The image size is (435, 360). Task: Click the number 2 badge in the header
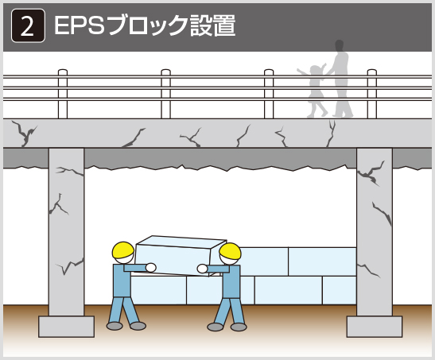coord(28,25)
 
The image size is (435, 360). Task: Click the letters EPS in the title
coord(80,25)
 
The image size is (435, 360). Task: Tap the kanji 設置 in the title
coord(213,25)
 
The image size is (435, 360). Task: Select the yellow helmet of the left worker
coord(123,250)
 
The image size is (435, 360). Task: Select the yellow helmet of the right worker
coord(230,251)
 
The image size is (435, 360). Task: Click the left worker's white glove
coord(150,268)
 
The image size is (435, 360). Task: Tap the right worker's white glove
coord(202,269)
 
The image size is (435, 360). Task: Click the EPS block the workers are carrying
coord(180,256)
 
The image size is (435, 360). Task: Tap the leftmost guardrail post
coord(63,94)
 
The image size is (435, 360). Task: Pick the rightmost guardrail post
coord(371,94)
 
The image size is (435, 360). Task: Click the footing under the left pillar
coord(66,327)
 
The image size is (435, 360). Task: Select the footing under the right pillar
coord(375,327)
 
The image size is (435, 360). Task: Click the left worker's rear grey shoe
coord(115,326)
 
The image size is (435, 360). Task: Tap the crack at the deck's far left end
coord(24,134)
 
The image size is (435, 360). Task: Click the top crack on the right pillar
coord(371,173)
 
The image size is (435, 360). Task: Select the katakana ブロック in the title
coord(148,25)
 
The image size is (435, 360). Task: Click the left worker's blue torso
coord(122,281)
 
